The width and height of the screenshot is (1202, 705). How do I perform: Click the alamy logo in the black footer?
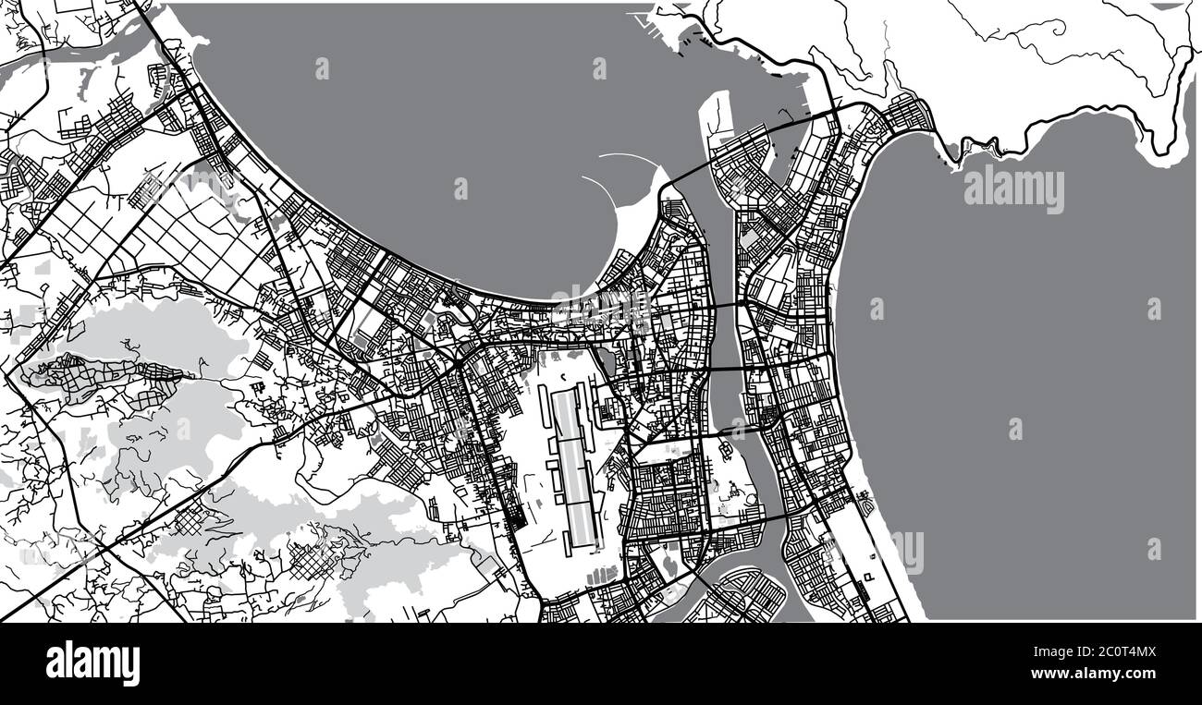click(92, 662)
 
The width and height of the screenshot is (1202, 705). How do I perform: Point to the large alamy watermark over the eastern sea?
click(1013, 190)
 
